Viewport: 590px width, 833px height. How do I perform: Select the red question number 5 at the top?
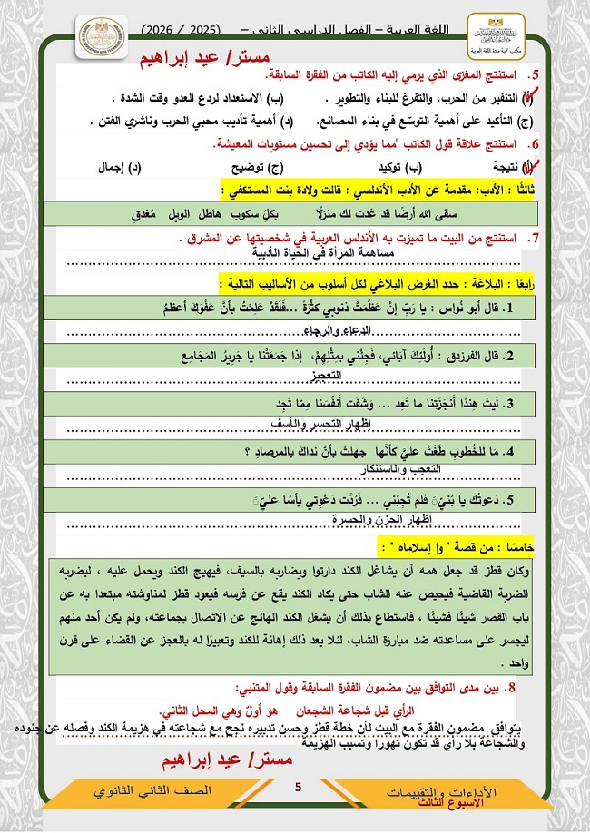(536, 76)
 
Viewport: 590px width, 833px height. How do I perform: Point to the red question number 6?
(536, 143)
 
